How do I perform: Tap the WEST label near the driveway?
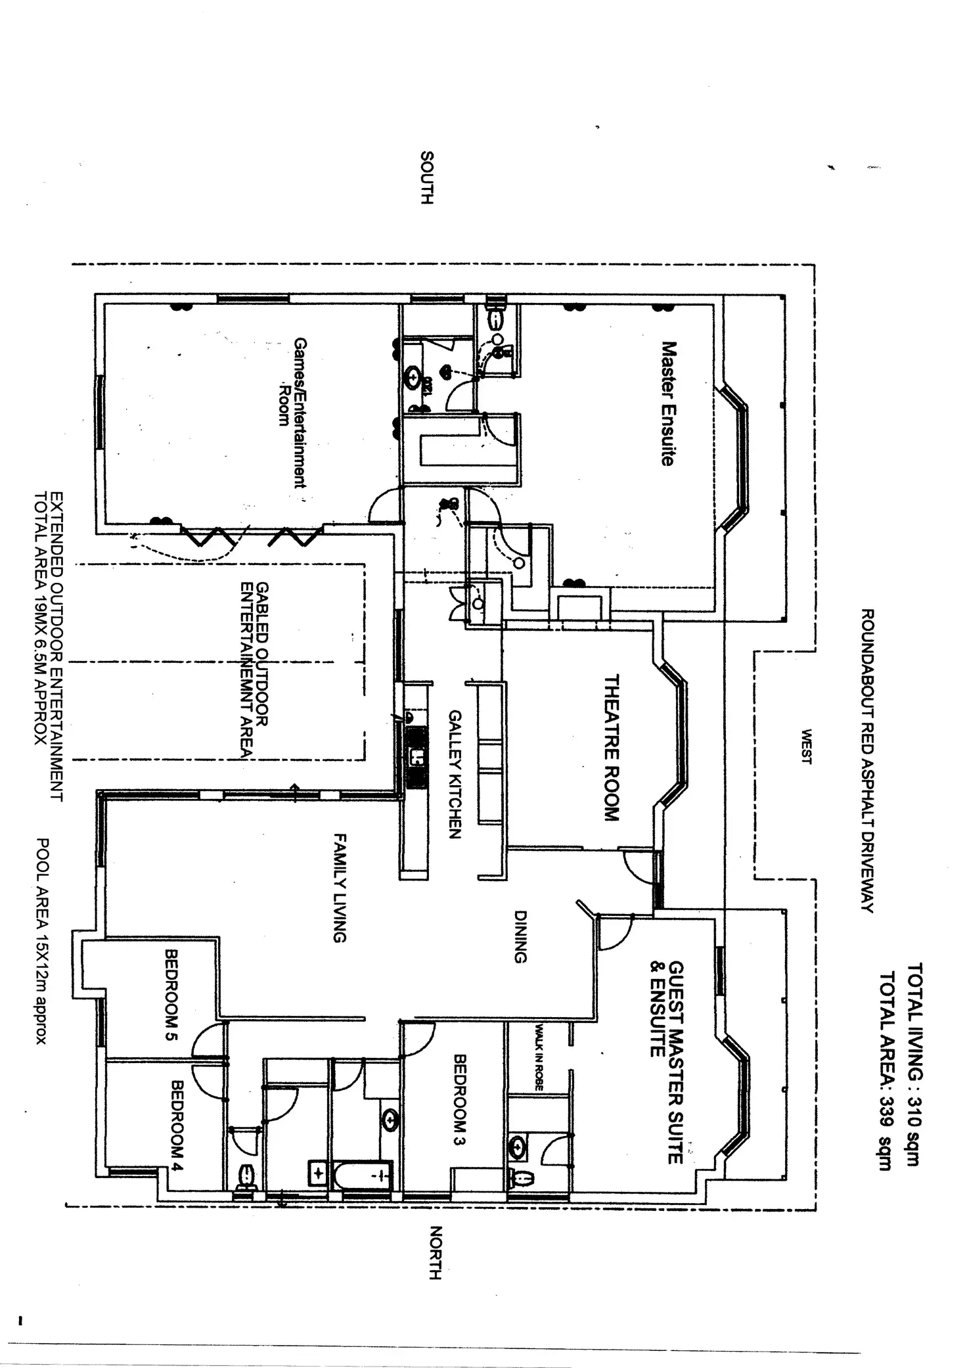coord(805,746)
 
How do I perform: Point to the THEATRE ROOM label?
coord(611,748)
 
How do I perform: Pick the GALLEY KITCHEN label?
coord(455,775)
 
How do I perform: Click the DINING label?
coord(520,936)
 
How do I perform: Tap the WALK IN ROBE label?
coord(539,1057)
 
